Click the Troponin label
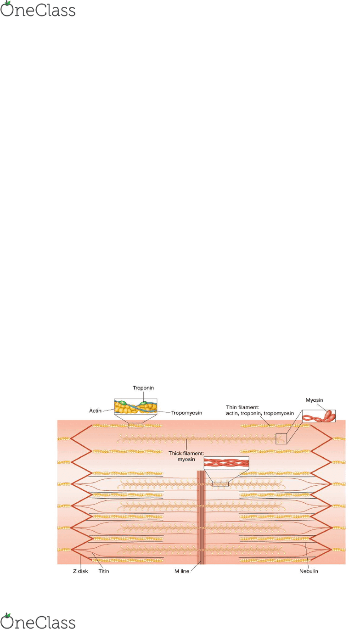[x=143, y=388]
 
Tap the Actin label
[x=95, y=410]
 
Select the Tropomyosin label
[x=186, y=413]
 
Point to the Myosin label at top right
[x=314, y=400]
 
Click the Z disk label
[x=80, y=571]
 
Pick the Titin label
[x=104, y=571]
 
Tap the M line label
[x=182, y=571]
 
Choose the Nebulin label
[x=309, y=571]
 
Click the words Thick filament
[x=186, y=453]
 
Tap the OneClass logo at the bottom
[x=38, y=620]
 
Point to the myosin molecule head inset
[x=319, y=416]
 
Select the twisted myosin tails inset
[x=226, y=462]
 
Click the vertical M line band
[x=201, y=517]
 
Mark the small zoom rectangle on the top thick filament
[x=281, y=439]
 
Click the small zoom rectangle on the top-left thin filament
[x=135, y=426]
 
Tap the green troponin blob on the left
[x=123, y=403]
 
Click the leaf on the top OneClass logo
[x=8, y=3]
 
